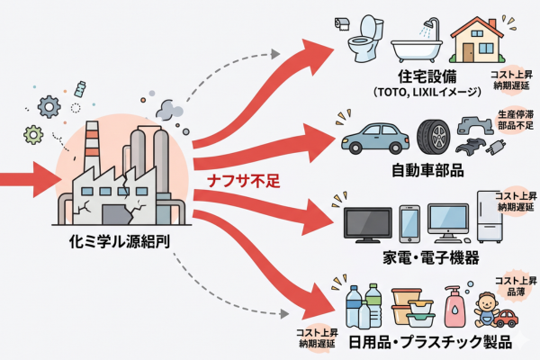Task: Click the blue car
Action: pyautogui.click(x=375, y=138)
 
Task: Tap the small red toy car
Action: pyautogui.click(x=506, y=317)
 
